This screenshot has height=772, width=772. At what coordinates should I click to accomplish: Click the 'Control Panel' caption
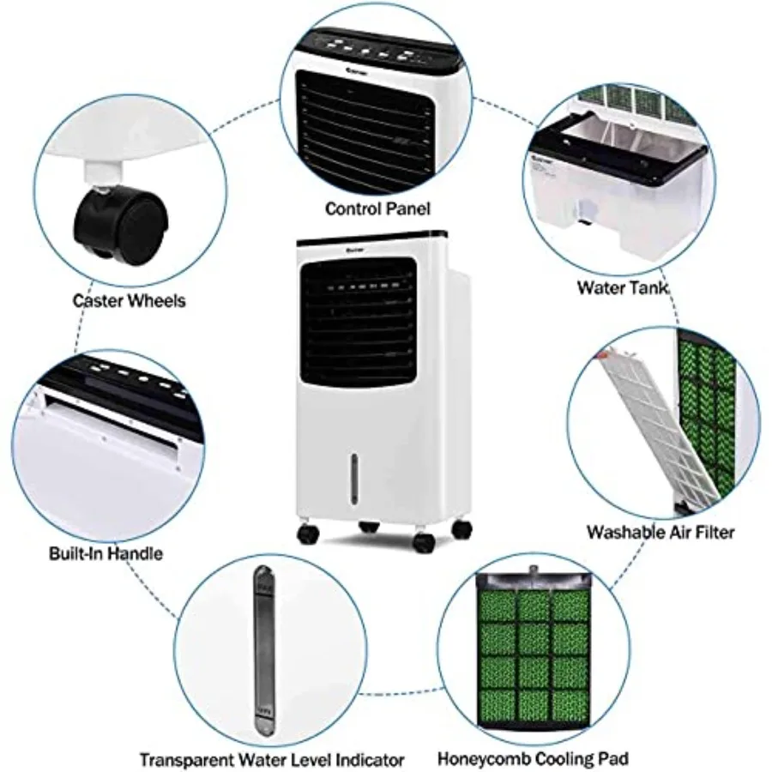[x=377, y=208]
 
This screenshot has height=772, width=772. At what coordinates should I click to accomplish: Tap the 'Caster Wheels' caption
[x=129, y=300]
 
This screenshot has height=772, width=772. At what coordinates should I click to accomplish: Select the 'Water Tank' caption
[x=623, y=287]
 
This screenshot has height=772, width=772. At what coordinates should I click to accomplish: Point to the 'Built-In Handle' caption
[x=106, y=553]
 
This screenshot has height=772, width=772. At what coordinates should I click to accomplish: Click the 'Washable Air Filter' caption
[x=660, y=532]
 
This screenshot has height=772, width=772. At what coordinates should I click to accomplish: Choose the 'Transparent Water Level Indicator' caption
[x=271, y=759]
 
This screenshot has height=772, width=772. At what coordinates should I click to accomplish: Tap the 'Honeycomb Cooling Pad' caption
[x=533, y=758]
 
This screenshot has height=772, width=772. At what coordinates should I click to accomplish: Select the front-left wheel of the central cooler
[x=308, y=534]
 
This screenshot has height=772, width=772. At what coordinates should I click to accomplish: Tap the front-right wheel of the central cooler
[x=424, y=541]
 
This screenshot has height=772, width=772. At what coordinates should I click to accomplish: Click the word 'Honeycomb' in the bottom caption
[x=479, y=758]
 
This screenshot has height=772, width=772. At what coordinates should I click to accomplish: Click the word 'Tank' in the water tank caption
[x=649, y=287]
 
